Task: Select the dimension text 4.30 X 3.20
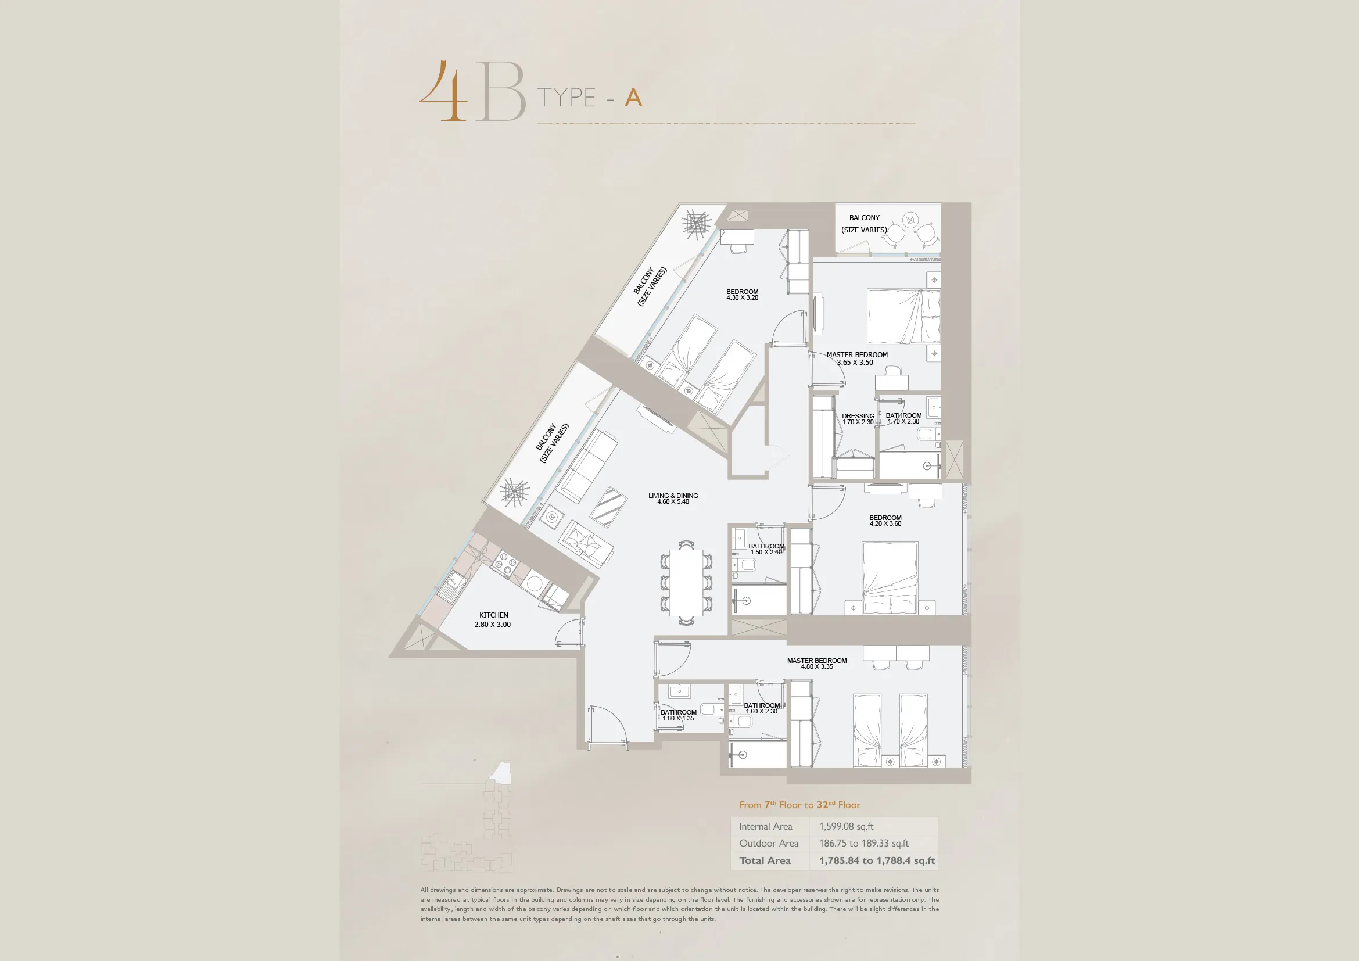742,297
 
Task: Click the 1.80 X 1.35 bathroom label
678,718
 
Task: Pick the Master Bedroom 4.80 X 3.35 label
817,664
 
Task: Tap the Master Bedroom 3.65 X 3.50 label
856,358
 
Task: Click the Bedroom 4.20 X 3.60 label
885,521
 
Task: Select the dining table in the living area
687,583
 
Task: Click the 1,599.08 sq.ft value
847,826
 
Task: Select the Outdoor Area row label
768,843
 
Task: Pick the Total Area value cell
877,860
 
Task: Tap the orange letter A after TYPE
633,98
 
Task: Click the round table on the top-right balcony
911,220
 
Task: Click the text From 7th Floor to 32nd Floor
799,805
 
